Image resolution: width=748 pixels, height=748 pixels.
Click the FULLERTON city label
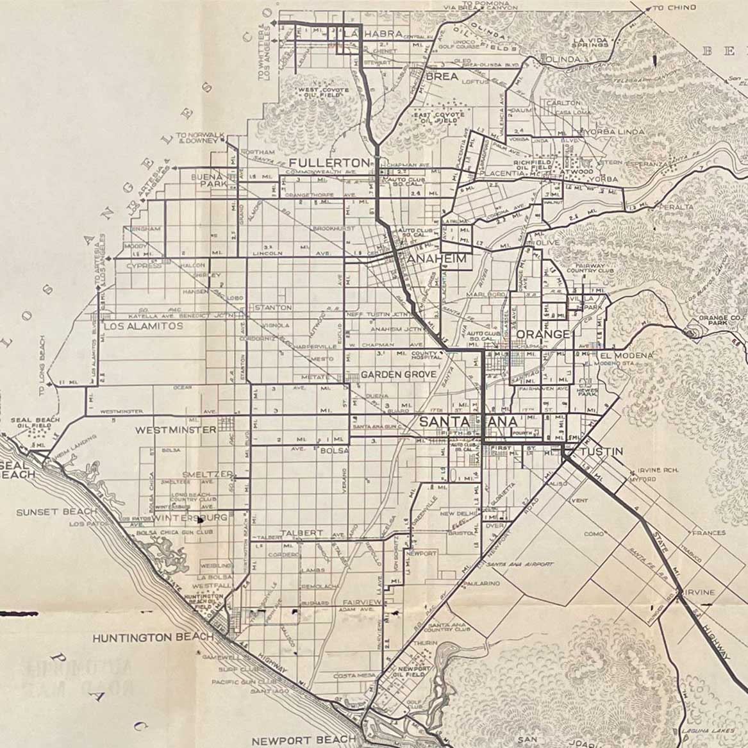click(x=329, y=163)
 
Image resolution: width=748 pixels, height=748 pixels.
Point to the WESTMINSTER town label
click(x=176, y=429)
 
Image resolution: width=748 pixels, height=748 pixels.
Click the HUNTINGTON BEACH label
click(x=153, y=638)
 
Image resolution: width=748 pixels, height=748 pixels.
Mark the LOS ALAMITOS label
click(x=144, y=326)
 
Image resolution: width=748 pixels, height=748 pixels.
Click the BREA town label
click(x=442, y=76)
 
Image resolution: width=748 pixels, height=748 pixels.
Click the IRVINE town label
click(x=699, y=593)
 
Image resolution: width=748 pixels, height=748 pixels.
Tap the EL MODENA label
click(x=627, y=355)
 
